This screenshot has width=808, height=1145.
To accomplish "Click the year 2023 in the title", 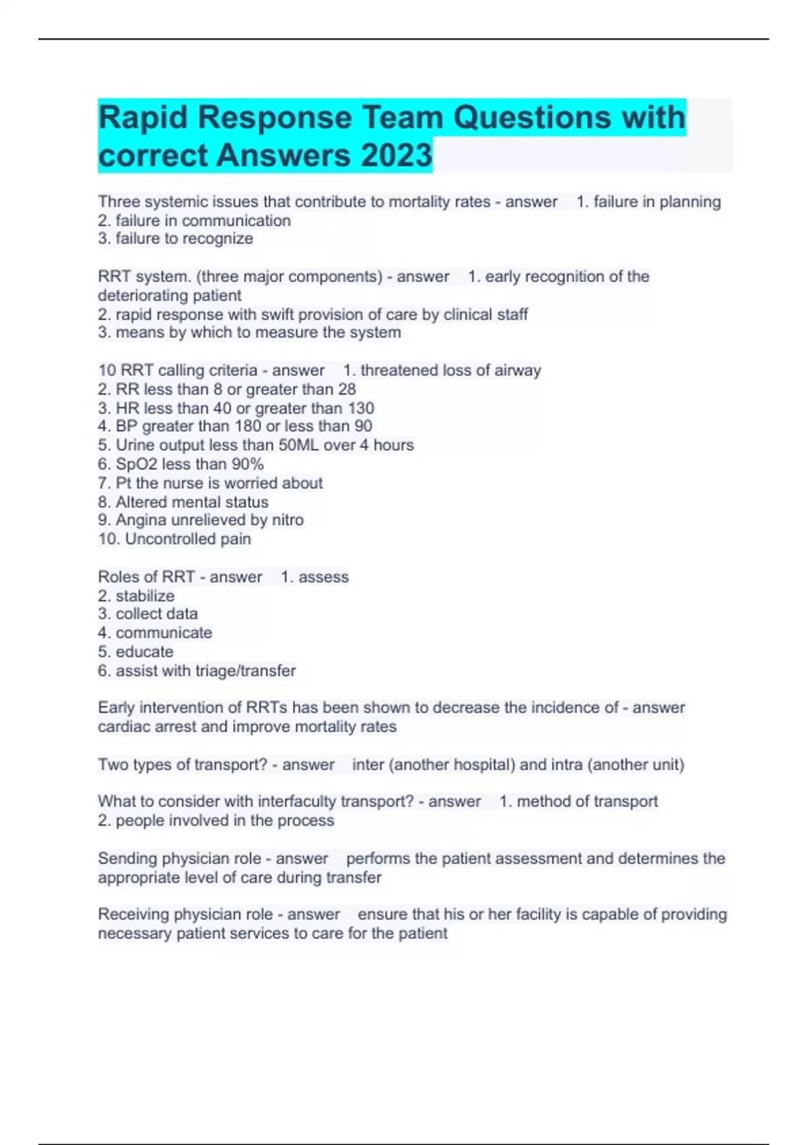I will [x=396, y=155].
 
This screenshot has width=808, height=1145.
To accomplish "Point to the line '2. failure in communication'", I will [x=194, y=220].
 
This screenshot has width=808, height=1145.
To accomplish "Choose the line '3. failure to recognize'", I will [x=175, y=238].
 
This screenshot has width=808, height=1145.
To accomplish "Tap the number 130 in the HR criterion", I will [x=361, y=407].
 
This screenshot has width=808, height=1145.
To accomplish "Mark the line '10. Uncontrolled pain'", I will [x=174, y=539].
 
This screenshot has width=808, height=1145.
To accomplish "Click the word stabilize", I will [x=145, y=595].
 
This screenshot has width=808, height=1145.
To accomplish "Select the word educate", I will [x=144, y=651].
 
